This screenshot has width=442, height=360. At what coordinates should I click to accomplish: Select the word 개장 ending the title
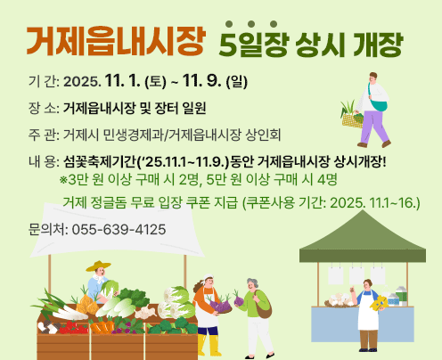tap(380, 42)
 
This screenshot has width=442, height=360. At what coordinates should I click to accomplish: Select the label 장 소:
tap(44, 109)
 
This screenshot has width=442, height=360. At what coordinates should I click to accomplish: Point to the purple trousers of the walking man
tap(372, 129)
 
